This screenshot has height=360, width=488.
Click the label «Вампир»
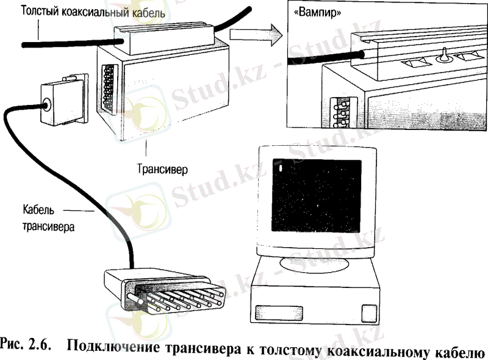click(317, 13)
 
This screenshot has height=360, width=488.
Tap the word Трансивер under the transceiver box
click(162, 169)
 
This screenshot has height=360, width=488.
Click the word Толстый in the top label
click(40, 11)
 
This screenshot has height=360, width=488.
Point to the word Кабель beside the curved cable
click(38, 209)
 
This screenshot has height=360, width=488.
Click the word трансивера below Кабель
click(49, 226)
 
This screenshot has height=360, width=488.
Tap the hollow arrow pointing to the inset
click(256, 35)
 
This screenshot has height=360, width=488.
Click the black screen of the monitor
click(316, 196)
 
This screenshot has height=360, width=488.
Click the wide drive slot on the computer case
click(279, 313)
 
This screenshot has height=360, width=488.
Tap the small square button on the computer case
click(369, 313)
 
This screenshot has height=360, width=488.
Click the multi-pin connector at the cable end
click(164, 292)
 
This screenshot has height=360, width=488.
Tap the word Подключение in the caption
click(113, 347)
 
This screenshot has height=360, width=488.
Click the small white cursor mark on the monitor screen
click(281, 169)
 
